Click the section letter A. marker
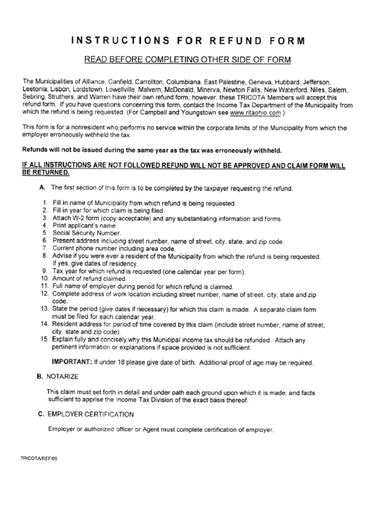[x=43, y=188]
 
